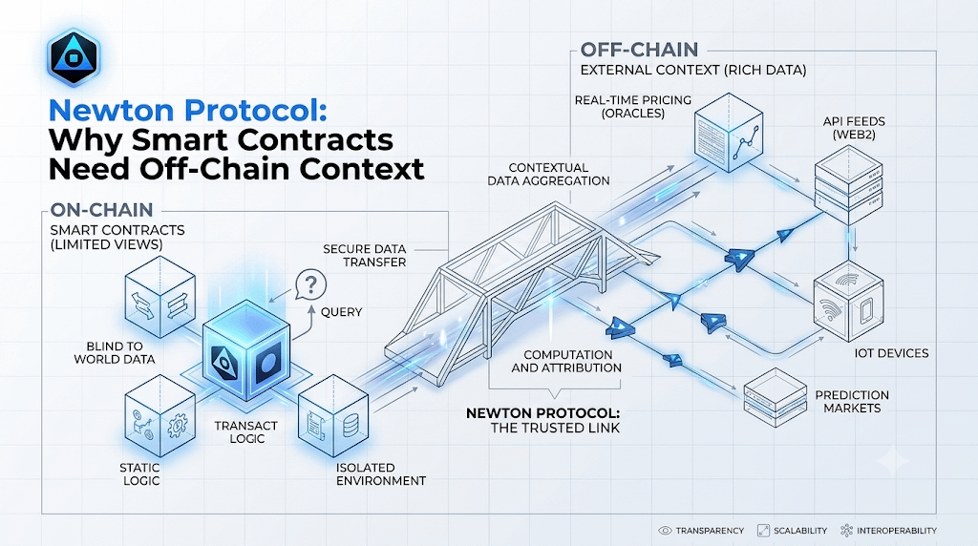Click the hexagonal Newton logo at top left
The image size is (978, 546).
point(74,56)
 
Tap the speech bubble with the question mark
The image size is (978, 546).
point(310,284)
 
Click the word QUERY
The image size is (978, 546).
point(341,311)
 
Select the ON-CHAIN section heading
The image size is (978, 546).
point(101,209)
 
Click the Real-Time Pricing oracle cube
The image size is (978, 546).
point(729,132)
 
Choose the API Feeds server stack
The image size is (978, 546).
point(848,184)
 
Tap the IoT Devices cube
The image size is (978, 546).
point(848,301)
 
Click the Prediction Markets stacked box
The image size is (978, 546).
point(776,397)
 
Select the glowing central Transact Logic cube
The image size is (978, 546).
point(247,349)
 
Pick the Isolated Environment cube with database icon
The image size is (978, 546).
point(333,415)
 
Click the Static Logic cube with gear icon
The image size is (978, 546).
point(160,416)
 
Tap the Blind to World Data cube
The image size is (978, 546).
point(160,297)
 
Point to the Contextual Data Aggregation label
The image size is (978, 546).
point(548,175)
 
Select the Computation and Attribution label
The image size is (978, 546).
point(566,362)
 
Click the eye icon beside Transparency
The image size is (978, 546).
point(665,531)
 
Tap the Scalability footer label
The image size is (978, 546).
point(800,531)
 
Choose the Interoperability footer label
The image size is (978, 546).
point(896,531)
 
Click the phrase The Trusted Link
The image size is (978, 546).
point(555,429)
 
